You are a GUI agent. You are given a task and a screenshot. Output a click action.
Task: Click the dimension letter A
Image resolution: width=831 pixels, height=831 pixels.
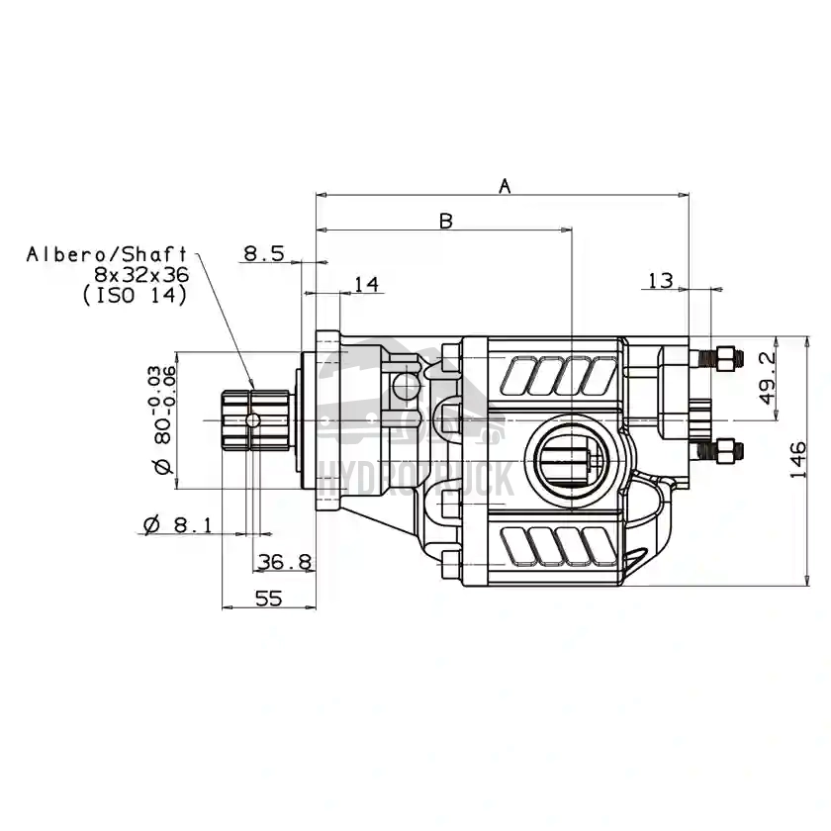(505, 185)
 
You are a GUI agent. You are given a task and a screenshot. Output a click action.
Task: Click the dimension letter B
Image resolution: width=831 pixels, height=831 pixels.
(445, 221)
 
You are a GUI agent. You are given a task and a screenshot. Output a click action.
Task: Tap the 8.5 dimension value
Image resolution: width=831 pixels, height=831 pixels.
(264, 253)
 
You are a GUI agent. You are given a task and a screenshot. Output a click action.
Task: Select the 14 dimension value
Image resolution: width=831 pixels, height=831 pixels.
(365, 285)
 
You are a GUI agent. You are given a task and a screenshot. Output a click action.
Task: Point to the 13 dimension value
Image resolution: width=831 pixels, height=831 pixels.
(661, 281)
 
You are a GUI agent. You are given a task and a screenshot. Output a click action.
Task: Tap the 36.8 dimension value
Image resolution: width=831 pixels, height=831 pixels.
(284, 563)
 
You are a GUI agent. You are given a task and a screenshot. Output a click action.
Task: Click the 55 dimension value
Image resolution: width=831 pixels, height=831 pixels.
(269, 599)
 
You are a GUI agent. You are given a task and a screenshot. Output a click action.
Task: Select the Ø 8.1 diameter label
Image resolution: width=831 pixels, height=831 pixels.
(177, 525)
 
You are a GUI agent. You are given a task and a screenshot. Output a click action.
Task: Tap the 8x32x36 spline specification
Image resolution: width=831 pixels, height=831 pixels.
(140, 274)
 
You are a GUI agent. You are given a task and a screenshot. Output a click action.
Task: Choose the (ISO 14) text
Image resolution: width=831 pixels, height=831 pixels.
(135, 295)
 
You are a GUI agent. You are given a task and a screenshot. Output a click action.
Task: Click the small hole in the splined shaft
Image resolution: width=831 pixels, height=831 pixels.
(254, 420)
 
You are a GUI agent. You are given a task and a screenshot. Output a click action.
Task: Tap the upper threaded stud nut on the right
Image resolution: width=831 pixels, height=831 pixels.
(726, 357)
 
